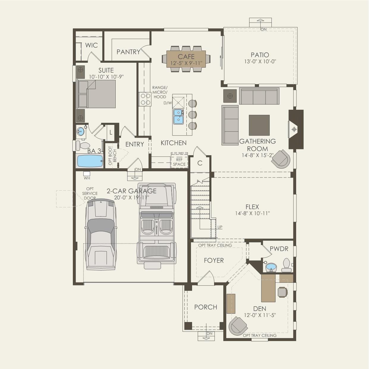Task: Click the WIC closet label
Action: pyautogui.click(x=91, y=45)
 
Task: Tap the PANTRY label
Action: pyautogui.click(x=128, y=52)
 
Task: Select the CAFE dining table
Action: pyautogui.click(x=186, y=59)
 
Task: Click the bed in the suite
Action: pyautogui.click(x=96, y=94)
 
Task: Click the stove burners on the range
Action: pyautogui.click(x=145, y=99)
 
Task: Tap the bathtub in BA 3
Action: pyautogui.click(x=90, y=161)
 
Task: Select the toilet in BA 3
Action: pyautogui.click(x=83, y=145)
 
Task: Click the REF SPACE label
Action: pyautogui.click(x=179, y=162)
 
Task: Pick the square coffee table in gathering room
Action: pyautogui.click(x=259, y=125)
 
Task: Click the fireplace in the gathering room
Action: pyautogui.click(x=296, y=129)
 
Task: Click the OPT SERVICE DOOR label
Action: pyautogui.click(x=90, y=193)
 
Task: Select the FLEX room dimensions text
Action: pyautogui.click(x=252, y=213)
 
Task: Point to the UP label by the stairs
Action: pyautogui.click(x=220, y=227)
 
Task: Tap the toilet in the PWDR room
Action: pyautogui.click(x=286, y=265)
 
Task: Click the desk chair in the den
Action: pyautogui.click(x=282, y=292)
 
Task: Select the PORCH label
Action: pyautogui.click(x=206, y=307)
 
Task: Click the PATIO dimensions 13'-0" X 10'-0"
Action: pyautogui.click(x=260, y=62)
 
